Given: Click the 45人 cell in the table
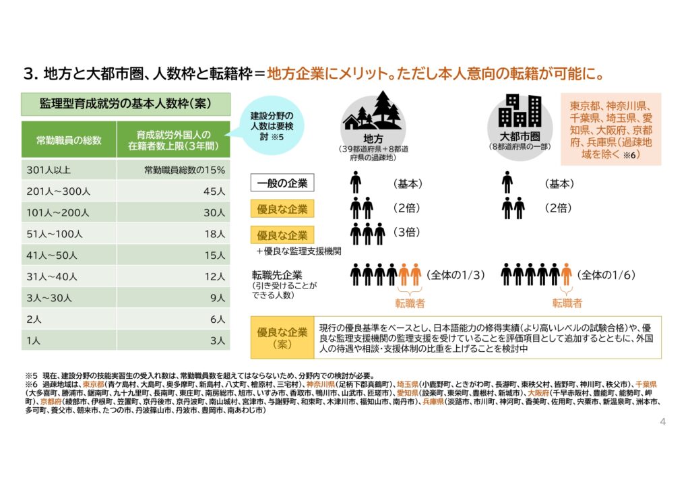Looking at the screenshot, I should point(214,191).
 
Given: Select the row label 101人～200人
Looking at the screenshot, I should point(58,212).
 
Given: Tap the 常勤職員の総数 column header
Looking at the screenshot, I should point(69,140).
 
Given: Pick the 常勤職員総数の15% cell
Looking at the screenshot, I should point(184,170).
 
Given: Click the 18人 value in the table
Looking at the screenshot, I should point(214,234).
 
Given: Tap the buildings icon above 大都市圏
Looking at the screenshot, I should point(520,111).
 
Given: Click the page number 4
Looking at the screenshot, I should point(663,422).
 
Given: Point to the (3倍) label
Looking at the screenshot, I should point(406,233).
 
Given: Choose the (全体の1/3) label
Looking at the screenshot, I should point(456,275).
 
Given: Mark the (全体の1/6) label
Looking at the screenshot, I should point(607,275).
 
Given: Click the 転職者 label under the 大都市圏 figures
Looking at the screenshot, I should point(567,303).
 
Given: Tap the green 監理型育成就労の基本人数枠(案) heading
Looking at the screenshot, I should point(126,104).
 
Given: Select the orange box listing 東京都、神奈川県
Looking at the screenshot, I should point(610,129).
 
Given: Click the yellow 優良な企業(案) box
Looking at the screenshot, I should point(282,337).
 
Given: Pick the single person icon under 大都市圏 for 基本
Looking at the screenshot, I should point(507,183).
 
